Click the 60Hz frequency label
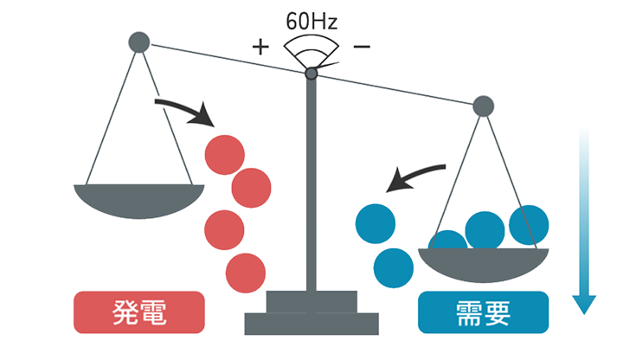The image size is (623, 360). pyautogui.click(x=312, y=17)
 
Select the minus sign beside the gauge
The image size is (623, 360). pyautogui.click(x=362, y=45)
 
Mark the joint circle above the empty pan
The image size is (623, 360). pyautogui.click(x=138, y=41)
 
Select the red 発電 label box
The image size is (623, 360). pyautogui.click(x=139, y=312)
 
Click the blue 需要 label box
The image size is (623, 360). pyautogui.click(x=483, y=312)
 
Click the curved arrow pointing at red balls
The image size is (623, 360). pyautogui.click(x=183, y=109)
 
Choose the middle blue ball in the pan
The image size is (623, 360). pyautogui.click(x=485, y=229)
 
